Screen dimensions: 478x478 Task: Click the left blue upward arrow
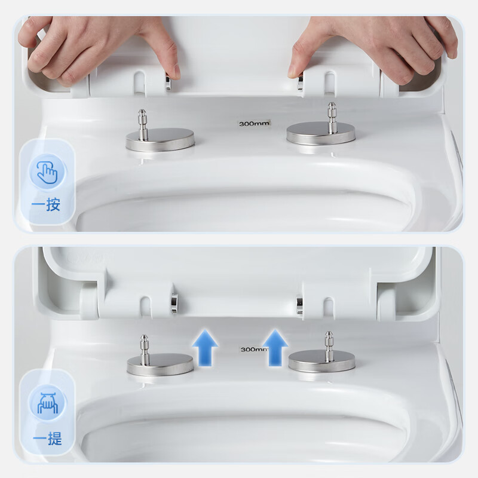205,348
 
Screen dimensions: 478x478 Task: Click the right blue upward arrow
275,348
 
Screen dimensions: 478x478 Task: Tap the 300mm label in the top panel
254,124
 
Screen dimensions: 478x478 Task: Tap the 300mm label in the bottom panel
253,350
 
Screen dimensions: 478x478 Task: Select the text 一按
46,204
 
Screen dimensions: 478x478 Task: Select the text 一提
47,439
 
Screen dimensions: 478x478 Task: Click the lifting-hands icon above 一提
47,403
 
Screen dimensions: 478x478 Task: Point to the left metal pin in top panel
142,125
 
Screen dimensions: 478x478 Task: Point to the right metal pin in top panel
332,118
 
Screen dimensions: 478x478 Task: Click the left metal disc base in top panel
160,140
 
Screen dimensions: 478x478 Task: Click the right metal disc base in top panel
321,133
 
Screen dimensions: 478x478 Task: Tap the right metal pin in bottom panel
329,347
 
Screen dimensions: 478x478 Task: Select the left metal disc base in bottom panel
160,364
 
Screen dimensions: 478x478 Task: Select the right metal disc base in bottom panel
321,361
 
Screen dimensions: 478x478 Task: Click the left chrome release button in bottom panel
175,304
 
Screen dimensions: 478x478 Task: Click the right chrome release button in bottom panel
300,304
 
